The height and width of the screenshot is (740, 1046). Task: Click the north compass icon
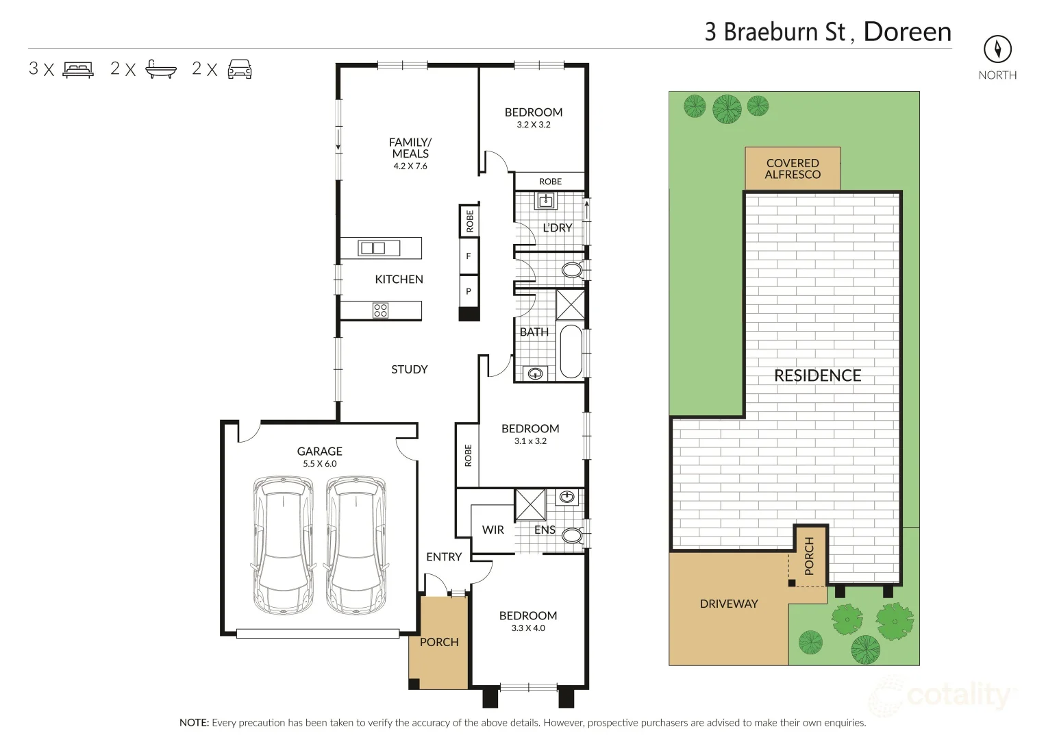[x=997, y=49]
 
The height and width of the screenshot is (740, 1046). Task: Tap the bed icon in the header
[x=78, y=69]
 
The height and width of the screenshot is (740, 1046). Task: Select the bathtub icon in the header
[x=161, y=69]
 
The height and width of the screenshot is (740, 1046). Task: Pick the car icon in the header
[x=239, y=69]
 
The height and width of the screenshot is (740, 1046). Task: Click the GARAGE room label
[x=319, y=452]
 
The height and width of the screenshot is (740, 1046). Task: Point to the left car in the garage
[x=282, y=545]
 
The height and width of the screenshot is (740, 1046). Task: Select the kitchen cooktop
[x=380, y=310]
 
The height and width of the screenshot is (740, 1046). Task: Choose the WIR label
[x=493, y=530]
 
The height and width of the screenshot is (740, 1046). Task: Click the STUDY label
[x=409, y=369]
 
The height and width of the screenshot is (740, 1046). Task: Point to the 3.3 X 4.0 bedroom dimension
[x=529, y=628]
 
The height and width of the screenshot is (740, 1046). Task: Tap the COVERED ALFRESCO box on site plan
[x=793, y=169]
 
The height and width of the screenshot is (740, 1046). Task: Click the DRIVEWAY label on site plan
[x=728, y=604]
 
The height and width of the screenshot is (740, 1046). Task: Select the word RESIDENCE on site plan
[x=817, y=375]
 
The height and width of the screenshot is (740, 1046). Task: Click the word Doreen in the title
[x=907, y=32]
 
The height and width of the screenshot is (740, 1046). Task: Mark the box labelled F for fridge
[x=469, y=256]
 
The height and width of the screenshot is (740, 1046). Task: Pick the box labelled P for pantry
[x=469, y=291]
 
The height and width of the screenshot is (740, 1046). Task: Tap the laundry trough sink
[x=546, y=201]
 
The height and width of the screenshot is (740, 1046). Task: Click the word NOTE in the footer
[x=194, y=723]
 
